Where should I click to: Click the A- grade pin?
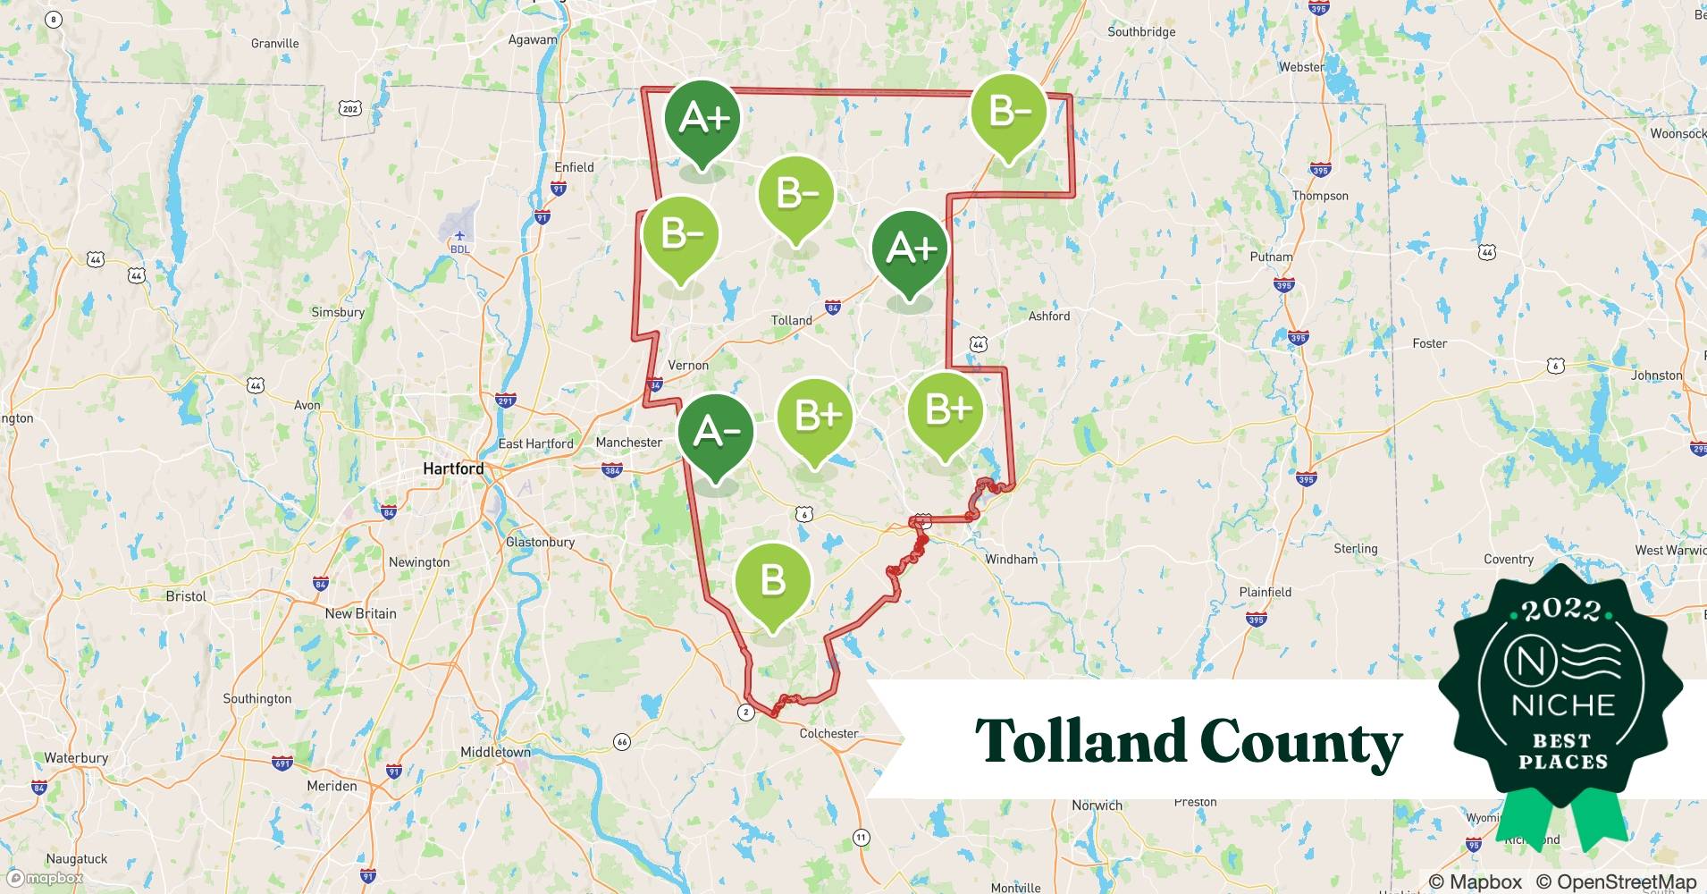[715, 434]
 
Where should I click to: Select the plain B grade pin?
[773, 581]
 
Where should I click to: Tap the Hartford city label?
[453, 468]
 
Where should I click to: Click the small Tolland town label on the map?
[792, 320]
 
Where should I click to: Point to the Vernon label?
[688, 365]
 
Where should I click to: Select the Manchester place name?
[629, 443]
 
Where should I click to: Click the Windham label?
[1011, 559]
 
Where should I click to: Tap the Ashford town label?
[1049, 316]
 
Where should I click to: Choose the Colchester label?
[828, 733]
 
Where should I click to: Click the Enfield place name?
[574, 167]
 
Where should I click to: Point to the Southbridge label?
[1141, 31]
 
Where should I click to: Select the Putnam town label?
[1271, 257]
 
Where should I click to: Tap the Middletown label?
[495, 752]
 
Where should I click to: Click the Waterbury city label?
[76, 758]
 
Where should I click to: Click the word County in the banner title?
[1300, 742]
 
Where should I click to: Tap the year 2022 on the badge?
[1561, 610]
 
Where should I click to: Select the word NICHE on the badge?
[1563, 704]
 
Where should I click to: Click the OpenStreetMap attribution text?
[1617, 881]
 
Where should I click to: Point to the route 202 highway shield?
[350, 109]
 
